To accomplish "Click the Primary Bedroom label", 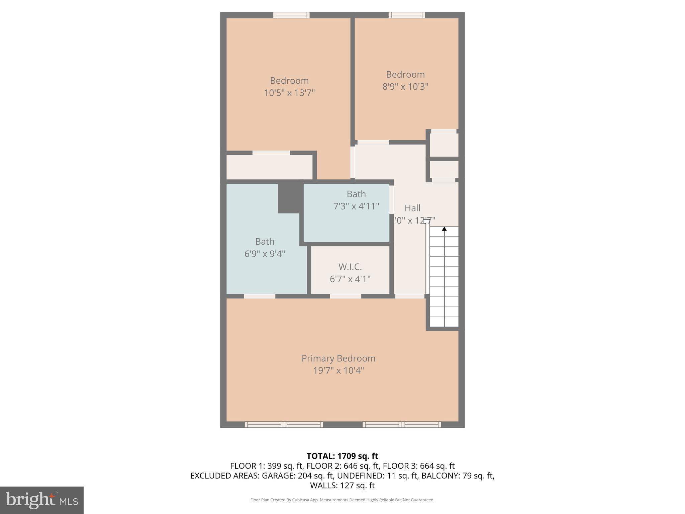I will (x=338, y=358).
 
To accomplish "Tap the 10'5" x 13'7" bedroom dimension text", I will (x=289, y=93).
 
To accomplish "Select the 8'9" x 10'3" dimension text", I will (x=405, y=87).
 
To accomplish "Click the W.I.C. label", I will (x=350, y=267).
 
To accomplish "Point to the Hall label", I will (x=412, y=208).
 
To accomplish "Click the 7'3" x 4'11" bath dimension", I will (x=356, y=206).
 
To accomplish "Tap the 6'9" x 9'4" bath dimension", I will (x=265, y=254).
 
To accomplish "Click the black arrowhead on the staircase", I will (x=444, y=229).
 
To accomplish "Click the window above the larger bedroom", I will (x=291, y=15).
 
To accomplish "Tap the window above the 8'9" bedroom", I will (x=407, y=15).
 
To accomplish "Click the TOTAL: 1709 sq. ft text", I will (x=342, y=456).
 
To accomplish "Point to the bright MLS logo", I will (x=42, y=500).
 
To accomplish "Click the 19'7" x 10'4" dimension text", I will (x=338, y=371).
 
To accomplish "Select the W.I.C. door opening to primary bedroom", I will (x=346, y=296).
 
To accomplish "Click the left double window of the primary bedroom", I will (x=284, y=425).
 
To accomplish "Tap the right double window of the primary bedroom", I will (x=402, y=425).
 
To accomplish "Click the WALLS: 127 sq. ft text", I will (x=342, y=485).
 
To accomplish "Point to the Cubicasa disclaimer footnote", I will (x=342, y=500).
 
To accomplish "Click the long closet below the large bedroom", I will (x=269, y=167).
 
